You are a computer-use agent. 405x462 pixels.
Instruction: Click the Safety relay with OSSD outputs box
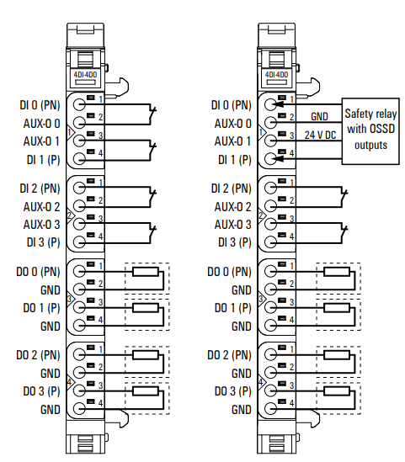(370, 131)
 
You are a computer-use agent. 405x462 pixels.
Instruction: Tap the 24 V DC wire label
(320, 135)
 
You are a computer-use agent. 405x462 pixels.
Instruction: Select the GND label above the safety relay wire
(319, 117)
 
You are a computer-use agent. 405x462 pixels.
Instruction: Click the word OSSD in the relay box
(381, 129)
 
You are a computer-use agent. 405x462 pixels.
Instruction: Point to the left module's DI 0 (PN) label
(40, 105)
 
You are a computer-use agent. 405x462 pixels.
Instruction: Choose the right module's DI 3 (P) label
(235, 242)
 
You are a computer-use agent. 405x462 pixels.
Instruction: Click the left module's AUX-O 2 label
(41, 206)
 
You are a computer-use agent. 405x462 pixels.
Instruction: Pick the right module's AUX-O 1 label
(233, 141)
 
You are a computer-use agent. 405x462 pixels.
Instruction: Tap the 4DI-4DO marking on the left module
(85, 75)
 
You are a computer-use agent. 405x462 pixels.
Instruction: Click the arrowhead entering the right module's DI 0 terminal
(279, 104)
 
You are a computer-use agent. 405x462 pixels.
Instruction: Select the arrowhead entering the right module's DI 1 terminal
(279, 159)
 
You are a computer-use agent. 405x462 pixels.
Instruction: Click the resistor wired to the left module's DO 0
(146, 271)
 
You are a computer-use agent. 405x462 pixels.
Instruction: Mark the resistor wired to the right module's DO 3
(337, 391)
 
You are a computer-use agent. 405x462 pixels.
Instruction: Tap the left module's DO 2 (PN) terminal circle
(79, 354)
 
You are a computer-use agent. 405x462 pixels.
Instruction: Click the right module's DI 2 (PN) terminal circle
(270, 188)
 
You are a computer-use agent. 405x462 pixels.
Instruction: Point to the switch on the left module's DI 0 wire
(152, 114)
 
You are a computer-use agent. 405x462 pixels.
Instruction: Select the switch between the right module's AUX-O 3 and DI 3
(344, 233)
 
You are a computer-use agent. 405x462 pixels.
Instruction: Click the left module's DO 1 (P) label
(41, 308)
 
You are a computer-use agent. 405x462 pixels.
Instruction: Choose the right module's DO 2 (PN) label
(229, 355)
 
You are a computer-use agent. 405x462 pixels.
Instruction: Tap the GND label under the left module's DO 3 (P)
(51, 410)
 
